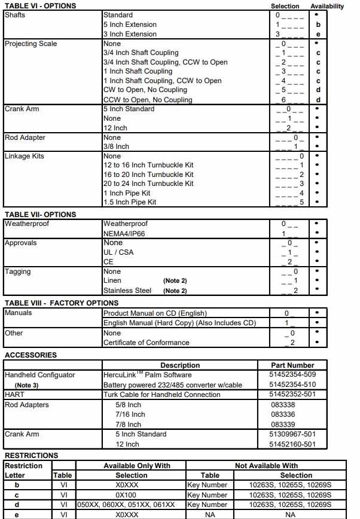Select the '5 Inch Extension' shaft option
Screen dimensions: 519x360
click(x=130, y=25)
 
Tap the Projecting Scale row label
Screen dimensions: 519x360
click(x=31, y=44)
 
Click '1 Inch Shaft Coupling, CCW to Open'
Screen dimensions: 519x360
click(x=162, y=81)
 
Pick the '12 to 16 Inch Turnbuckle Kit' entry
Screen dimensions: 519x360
click(x=148, y=165)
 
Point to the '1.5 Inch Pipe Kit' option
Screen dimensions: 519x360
click(x=130, y=202)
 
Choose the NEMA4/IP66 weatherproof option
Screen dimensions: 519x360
click(x=125, y=234)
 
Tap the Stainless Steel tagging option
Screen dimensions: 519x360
click(x=127, y=291)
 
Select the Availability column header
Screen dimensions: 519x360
click(x=327, y=6)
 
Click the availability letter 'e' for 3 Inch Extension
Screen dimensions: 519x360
click(x=318, y=34)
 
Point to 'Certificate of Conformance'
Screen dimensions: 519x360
click(x=146, y=343)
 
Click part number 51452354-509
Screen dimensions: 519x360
click(x=292, y=375)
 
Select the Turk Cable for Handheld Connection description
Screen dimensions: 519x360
click(x=170, y=395)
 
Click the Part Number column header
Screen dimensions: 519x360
click(x=292, y=365)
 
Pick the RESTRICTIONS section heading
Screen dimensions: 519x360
click(x=31, y=456)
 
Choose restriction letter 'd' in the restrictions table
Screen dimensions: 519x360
click(x=25, y=504)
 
